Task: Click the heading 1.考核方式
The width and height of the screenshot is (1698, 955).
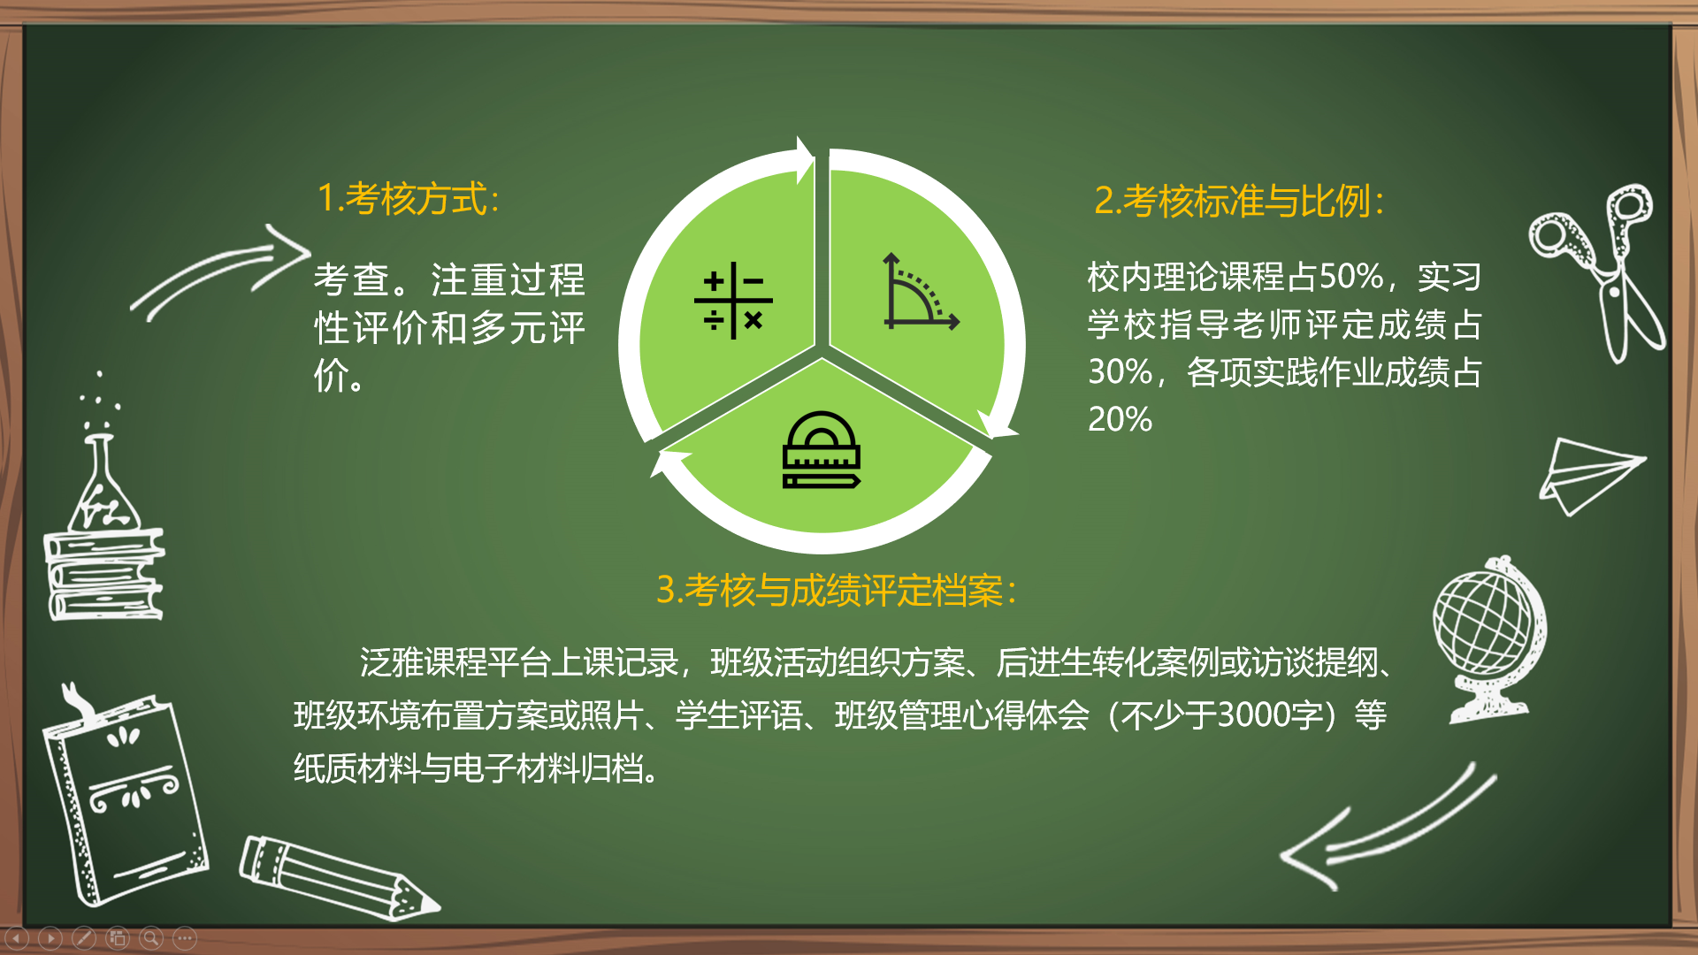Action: click(x=408, y=198)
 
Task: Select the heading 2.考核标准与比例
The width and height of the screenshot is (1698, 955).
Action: click(x=1239, y=201)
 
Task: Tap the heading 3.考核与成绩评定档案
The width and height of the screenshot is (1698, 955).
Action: click(x=837, y=590)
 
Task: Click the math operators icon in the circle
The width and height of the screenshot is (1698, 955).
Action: click(x=733, y=301)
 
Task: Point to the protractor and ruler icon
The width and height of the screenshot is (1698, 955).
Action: click(x=822, y=450)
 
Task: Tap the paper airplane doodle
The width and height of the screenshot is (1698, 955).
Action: click(x=1590, y=475)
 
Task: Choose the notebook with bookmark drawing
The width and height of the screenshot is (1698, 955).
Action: click(x=124, y=794)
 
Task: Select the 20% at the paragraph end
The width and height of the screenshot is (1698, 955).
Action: click(x=1121, y=418)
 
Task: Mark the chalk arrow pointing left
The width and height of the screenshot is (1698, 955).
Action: click(x=1388, y=827)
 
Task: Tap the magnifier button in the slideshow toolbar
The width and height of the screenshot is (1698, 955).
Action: click(x=151, y=937)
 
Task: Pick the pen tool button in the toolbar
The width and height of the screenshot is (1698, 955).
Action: click(x=84, y=937)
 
